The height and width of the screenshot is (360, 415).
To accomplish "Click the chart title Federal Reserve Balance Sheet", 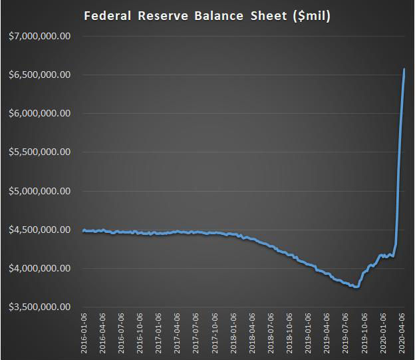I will pos(207,15).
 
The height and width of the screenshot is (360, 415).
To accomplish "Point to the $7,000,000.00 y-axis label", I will pos(40,36).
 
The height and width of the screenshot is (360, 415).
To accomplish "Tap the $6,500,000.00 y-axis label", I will pos(40,75).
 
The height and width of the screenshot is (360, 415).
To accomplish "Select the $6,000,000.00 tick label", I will pos(40,113).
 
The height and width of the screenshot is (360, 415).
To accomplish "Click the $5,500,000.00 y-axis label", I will pos(40,152).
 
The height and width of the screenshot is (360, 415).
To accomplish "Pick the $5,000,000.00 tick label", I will pos(40,191).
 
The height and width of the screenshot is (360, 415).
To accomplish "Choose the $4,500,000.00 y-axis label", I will pos(40,230).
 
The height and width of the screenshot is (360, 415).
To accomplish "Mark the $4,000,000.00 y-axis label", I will pos(40,268).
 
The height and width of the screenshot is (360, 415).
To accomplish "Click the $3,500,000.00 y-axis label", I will pos(40,307).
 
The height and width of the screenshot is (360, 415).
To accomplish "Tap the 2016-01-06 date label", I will pos(84,334).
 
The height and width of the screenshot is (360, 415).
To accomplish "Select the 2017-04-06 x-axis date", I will pos(177,334).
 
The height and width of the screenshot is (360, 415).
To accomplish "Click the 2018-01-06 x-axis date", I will pos(233,334).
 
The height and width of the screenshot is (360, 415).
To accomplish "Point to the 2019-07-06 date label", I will pos(345,334).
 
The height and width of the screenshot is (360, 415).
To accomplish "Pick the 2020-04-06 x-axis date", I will pos(401,334).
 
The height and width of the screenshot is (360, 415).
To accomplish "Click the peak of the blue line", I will pos(404,69).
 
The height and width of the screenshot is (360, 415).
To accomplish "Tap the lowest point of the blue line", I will pos(356,287).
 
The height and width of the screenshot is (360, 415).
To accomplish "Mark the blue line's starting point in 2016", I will pos(83,231).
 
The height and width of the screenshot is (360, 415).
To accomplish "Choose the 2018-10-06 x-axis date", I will pos(289,334).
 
